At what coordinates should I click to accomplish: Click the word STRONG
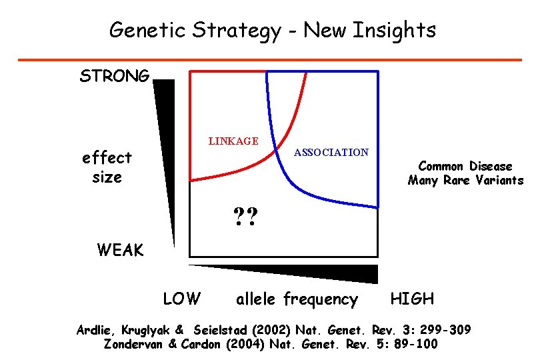115,76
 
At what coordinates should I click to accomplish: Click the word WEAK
120,250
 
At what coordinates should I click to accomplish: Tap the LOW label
181,299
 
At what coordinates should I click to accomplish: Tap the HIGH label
412,299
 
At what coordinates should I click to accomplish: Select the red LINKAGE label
233,141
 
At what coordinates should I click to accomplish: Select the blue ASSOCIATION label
331,153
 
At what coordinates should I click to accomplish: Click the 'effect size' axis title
107,167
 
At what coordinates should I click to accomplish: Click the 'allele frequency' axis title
297,299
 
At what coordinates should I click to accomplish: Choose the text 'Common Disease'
465,166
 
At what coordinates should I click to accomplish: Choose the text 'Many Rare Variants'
465,181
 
